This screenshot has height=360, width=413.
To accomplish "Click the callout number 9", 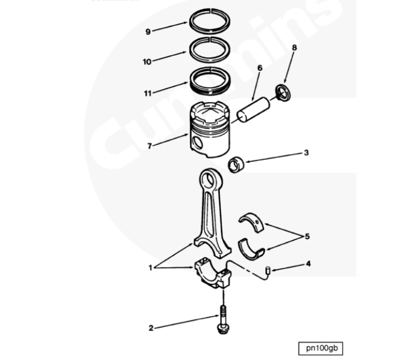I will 148,32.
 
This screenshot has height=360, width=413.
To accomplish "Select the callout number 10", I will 147,61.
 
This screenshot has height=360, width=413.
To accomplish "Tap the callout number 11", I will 147,93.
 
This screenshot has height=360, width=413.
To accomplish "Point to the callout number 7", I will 150,144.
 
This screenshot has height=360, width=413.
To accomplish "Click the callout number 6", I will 259,68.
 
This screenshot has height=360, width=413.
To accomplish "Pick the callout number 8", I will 294,47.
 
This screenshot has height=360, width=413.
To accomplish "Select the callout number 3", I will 306,153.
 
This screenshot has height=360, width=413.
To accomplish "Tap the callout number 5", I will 306,237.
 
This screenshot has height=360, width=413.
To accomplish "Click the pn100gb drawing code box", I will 320,348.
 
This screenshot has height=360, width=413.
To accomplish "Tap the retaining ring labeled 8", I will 284,92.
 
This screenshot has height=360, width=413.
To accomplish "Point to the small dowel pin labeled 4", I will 268,271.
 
